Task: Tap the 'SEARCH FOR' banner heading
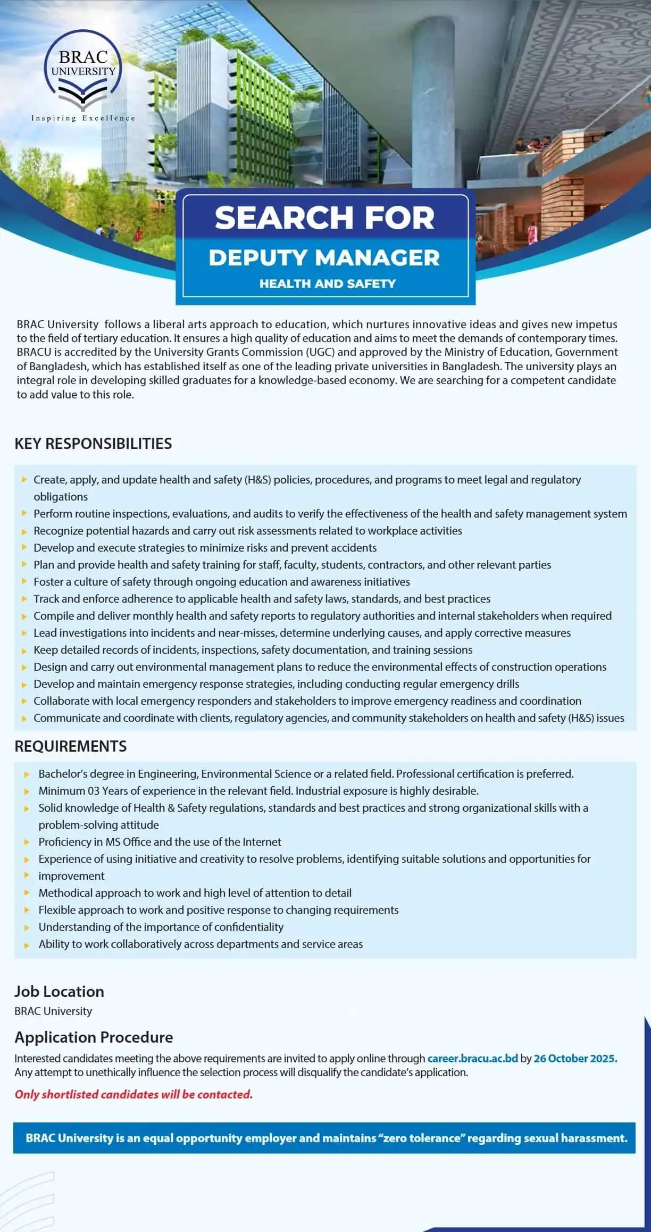coord(324,218)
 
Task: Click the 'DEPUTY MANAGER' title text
coord(324,258)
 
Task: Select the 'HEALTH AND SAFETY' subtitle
coord(327,284)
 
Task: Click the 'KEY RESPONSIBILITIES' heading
coord(93,444)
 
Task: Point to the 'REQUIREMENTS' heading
coord(71,746)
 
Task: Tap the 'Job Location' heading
coord(59,991)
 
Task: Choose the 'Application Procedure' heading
coord(94,1037)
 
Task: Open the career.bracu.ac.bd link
coord(472,1058)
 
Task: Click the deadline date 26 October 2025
coord(575,1058)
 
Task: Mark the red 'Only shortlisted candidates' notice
coord(133,1094)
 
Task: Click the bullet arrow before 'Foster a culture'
coord(24,581)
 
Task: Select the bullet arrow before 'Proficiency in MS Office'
coord(27,842)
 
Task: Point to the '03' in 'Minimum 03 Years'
coord(94,790)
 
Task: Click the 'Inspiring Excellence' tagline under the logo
coord(83,118)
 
